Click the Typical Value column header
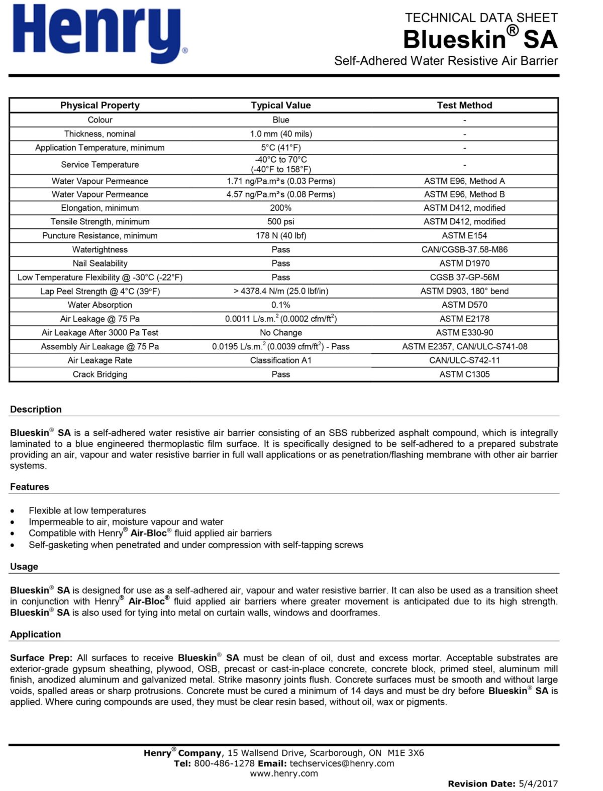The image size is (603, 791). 280,105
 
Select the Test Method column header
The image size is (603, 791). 464,105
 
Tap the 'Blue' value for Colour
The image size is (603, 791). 280,120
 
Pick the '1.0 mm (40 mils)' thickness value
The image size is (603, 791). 280,134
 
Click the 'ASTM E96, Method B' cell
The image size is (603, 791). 464,194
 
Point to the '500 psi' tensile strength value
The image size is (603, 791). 280,222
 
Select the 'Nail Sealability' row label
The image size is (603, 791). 100,263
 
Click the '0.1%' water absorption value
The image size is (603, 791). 280,305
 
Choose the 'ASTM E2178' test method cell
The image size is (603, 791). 464,319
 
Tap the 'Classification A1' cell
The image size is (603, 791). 280,360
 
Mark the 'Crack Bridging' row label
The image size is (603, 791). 100,374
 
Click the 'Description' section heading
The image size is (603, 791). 36,410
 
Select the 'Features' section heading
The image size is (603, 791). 30,487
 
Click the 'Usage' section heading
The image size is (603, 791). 24,567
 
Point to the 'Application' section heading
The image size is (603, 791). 35,634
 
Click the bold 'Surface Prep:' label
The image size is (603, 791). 41,658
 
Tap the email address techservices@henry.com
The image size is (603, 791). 342,763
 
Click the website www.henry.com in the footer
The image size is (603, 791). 284,773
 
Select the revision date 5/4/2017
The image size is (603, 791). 538,783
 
